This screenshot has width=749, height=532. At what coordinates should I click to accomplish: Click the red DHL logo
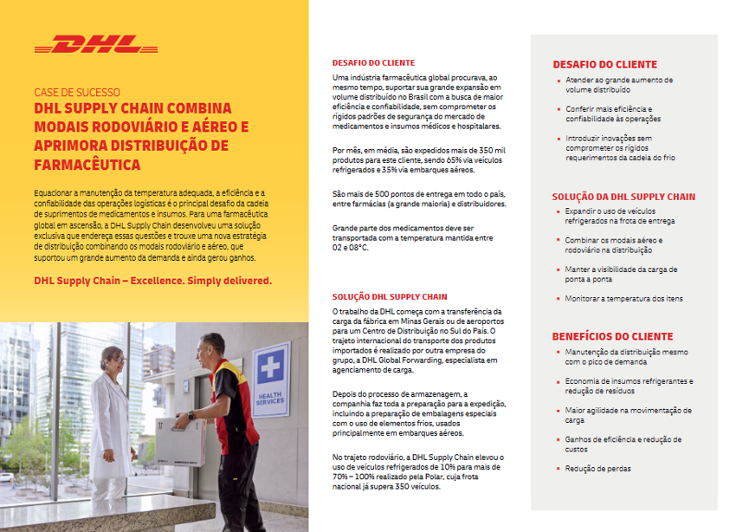pyautogui.click(x=96, y=44)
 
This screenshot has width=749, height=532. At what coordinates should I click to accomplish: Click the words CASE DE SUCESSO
pyautogui.click(x=77, y=92)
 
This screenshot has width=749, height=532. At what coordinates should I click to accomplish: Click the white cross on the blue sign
pyautogui.click(x=270, y=364)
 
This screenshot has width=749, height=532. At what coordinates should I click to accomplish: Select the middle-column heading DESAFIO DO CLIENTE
pyautogui.click(x=373, y=63)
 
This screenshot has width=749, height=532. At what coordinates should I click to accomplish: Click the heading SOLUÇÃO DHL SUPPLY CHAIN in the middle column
pyautogui.click(x=390, y=296)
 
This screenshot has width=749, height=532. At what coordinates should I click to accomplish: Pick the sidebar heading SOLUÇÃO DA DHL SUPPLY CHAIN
pyautogui.click(x=623, y=197)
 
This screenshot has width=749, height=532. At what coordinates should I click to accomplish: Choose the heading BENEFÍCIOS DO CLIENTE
pyautogui.click(x=612, y=336)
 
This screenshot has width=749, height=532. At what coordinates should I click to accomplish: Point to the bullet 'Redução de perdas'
pyautogui.click(x=598, y=469)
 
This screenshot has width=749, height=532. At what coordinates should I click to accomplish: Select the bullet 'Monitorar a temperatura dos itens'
pyautogui.click(x=624, y=298)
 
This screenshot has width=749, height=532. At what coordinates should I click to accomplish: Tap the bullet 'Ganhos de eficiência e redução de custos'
pyautogui.click(x=623, y=444)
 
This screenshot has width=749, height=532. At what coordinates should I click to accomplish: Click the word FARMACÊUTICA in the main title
pyautogui.click(x=87, y=164)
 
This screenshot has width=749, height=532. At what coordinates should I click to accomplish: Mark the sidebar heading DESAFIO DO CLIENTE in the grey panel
pyautogui.click(x=605, y=64)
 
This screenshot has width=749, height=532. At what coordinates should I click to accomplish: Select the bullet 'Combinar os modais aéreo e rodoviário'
pyautogui.click(x=614, y=245)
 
